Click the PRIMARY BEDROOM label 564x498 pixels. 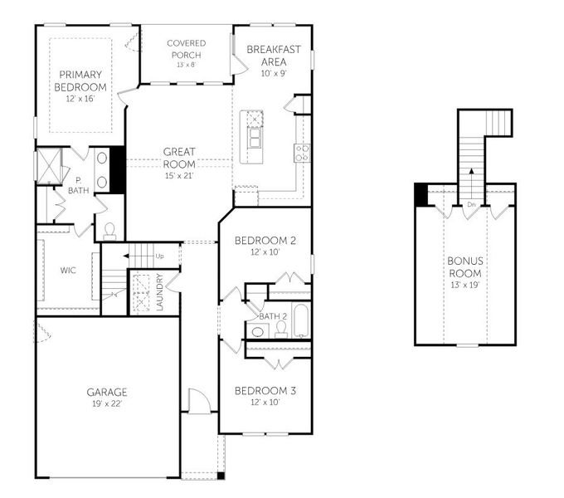coord(80,81)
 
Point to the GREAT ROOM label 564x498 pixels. coord(179,157)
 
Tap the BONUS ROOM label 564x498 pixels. coord(465,266)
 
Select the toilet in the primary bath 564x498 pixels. coord(109,228)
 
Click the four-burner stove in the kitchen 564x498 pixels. coord(302,152)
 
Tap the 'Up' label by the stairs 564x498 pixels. coord(159,256)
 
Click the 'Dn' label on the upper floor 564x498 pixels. coord(470,204)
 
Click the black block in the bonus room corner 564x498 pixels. coord(421,195)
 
